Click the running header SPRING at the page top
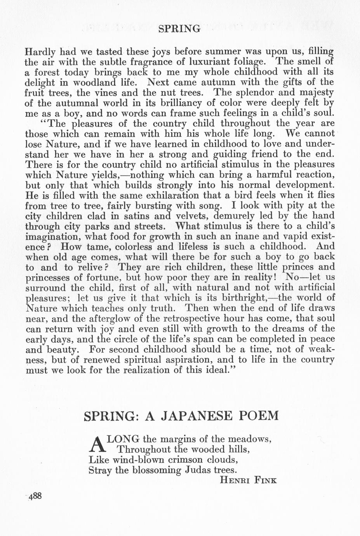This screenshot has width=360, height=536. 179,28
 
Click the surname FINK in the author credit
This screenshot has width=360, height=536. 265,480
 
